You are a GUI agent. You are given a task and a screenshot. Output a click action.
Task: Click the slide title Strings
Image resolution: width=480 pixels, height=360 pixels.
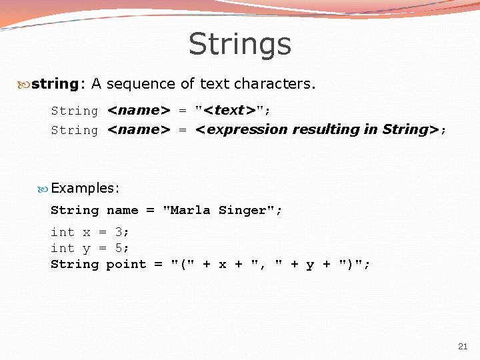240,44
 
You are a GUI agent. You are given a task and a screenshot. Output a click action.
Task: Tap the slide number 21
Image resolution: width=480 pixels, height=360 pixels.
463,346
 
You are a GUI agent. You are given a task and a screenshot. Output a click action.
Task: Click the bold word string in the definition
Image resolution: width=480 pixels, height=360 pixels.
55,84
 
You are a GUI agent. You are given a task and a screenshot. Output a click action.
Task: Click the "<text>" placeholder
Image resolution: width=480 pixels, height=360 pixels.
229,111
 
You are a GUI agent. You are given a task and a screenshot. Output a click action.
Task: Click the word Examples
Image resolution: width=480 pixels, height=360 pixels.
83,188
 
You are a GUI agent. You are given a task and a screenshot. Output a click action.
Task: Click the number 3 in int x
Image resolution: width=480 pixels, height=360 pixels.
119,232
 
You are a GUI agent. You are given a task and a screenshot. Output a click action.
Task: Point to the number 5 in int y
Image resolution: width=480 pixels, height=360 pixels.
119,248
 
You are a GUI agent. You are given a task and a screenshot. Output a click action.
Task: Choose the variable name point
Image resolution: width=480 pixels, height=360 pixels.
126,264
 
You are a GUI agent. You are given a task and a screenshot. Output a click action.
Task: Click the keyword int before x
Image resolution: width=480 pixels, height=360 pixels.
63,232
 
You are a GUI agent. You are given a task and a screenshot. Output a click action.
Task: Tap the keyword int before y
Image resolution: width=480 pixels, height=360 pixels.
63,248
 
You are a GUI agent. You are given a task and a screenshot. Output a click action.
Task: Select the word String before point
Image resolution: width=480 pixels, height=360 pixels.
75,264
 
